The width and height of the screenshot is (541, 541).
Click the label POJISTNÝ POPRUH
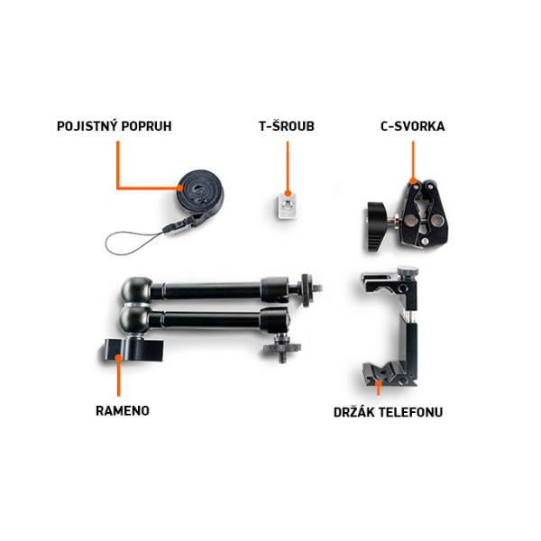[x=115, y=126]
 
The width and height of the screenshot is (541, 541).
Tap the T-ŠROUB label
[x=287, y=126]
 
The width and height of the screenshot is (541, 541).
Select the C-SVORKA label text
[x=413, y=126]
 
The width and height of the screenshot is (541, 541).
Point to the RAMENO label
[x=123, y=411]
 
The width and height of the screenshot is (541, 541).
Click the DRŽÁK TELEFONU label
[x=388, y=412]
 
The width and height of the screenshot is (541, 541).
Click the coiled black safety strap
[x=199, y=192]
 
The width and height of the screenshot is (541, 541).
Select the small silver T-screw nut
[x=287, y=206]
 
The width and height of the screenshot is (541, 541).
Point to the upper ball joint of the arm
[x=136, y=290]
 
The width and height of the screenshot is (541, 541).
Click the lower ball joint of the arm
[x=135, y=320]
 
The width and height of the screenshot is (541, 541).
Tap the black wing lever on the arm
[x=133, y=350]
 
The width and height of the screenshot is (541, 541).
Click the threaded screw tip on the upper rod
[x=318, y=287]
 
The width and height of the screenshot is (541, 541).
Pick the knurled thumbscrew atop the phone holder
[x=408, y=271]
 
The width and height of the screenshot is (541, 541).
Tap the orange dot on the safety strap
[x=180, y=188]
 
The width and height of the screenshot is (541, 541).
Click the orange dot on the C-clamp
[x=413, y=181]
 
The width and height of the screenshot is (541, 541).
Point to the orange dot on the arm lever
[x=118, y=357]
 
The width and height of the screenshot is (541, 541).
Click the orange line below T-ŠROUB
[x=288, y=166]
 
